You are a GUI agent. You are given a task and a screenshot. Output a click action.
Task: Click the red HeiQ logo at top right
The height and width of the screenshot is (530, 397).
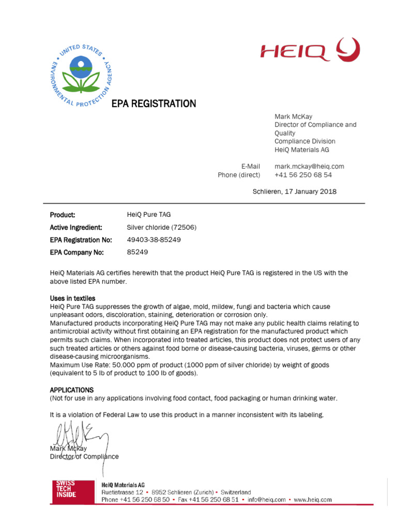310,51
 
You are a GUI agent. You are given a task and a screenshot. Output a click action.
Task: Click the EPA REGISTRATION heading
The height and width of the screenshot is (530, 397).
154,104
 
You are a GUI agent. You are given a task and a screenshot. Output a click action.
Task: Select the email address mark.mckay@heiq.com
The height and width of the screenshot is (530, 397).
309,167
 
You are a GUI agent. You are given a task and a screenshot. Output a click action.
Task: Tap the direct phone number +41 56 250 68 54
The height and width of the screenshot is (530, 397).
303,175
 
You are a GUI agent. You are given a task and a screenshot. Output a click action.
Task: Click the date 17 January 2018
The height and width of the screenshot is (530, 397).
308,192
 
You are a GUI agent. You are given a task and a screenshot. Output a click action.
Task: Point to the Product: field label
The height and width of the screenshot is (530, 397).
63,215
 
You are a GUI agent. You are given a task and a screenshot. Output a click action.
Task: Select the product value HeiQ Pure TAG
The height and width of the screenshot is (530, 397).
148,215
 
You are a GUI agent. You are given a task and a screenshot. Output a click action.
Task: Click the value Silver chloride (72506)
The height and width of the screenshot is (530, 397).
161,227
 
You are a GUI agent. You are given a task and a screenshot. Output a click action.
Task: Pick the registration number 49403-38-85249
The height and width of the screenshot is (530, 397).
154,240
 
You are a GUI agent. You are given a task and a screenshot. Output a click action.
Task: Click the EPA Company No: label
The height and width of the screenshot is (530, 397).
77,253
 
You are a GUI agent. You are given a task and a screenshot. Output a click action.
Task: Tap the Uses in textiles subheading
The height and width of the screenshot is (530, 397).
72,299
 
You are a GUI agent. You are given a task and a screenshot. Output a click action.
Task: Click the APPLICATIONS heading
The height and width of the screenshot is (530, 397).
71,390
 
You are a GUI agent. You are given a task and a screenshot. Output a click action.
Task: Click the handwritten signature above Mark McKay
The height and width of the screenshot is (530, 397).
78,435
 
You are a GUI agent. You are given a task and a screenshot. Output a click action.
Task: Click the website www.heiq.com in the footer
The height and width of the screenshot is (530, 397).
313,500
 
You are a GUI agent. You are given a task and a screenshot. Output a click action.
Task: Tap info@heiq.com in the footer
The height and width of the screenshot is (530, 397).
266,500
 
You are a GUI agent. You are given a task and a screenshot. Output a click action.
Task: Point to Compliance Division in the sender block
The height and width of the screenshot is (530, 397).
304,141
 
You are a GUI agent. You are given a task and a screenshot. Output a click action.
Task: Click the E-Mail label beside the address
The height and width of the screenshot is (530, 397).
251,167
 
